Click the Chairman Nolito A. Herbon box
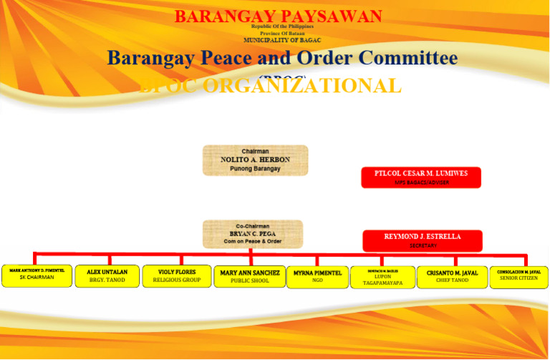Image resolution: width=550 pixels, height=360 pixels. point(255,160)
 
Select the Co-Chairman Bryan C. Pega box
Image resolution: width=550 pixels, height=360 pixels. point(252,234)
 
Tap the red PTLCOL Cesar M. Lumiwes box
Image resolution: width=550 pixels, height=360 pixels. point(420,177)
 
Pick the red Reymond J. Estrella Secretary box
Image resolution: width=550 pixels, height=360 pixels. point(422,240)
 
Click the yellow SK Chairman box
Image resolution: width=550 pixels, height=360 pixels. point(37,276)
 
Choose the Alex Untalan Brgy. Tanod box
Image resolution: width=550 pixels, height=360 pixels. point(107,276)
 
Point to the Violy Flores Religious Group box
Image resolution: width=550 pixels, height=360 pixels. point(177,276)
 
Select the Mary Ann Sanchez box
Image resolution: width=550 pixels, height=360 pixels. point(249,276)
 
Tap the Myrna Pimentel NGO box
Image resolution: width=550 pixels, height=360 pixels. point(317,277)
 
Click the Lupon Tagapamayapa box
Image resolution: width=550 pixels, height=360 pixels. point(382,277)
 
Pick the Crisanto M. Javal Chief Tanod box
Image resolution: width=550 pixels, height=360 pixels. point(452,277)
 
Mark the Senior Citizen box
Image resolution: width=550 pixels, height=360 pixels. point(518,277)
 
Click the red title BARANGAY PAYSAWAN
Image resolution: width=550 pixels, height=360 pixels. point(278,16)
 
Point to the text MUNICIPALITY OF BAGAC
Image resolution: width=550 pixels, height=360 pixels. point(282,40)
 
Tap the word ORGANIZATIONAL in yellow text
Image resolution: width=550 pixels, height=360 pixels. point(301,86)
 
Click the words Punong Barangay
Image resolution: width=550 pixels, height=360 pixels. point(255,169)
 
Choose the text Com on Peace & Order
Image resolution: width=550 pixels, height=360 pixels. point(252,242)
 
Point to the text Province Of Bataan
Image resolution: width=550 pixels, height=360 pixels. point(282,34)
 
